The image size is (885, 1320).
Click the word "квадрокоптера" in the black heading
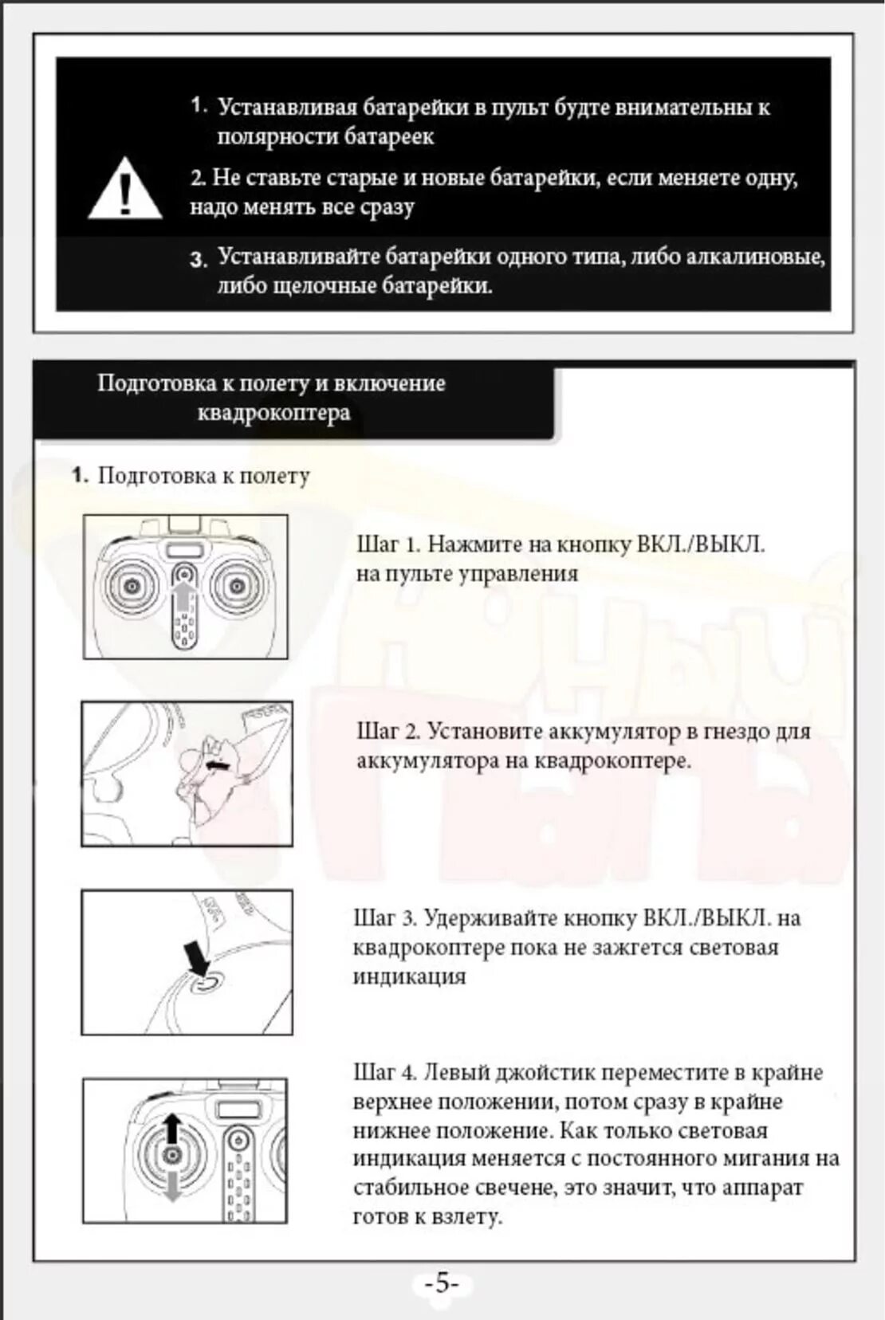273,412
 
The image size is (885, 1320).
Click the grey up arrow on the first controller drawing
184,598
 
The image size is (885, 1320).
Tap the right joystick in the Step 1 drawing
236,587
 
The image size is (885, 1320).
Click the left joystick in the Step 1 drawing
132,587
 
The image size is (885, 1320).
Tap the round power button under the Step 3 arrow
204,983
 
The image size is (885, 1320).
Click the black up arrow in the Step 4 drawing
171,1129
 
